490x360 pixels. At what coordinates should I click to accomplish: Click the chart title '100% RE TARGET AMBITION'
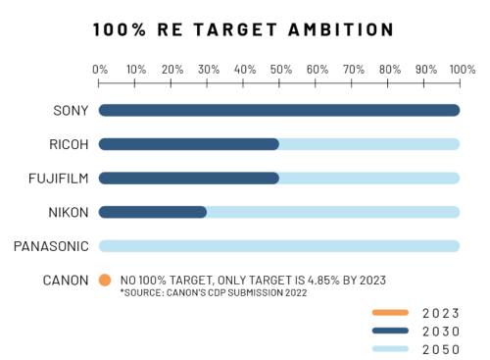pyautogui.click(x=244, y=29)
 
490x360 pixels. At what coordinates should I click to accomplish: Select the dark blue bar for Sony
pyautogui.click(x=279, y=110)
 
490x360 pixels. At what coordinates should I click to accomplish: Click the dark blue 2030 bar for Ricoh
pyautogui.click(x=189, y=144)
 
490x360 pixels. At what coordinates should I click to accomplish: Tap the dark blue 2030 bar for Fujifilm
pyautogui.click(x=189, y=178)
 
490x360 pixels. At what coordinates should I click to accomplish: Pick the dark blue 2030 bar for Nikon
pyautogui.click(x=153, y=211)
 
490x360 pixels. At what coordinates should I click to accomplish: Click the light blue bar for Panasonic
pyautogui.click(x=279, y=245)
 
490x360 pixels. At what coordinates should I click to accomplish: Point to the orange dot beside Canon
pyautogui.click(x=105, y=280)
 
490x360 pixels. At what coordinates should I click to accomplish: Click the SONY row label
pyautogui.click(x=71, y=110)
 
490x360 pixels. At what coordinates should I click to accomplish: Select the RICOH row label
pyautogui.click(x=69, y=144)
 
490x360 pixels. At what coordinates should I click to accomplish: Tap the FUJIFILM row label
pyautogui.click(x=60, y=178)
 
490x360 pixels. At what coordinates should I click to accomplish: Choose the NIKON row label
pyautogui.click(x=70, y=212)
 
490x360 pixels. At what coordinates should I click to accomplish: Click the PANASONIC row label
pyautogui.click(x=52, y=245)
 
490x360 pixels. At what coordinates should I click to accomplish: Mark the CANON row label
pyautogui.click(x=66, y=280)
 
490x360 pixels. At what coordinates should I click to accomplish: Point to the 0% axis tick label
pyautogui.click(x=100, y=69)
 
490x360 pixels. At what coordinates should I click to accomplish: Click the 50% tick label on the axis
pyautogui.click(x=280, y=69)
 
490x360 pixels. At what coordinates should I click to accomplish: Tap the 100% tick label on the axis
pyautogui.click(x=461, y=69)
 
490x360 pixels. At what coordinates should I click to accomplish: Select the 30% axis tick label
pyautogui.click(x=208, y=69)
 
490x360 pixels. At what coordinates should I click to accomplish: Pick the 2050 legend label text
pyautogui.click(x=439, y=348)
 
